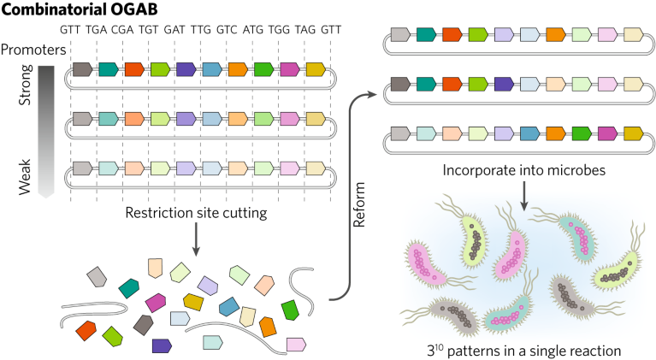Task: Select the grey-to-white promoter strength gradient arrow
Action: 47,128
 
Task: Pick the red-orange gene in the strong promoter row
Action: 134,69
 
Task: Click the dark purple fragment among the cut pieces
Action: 159,345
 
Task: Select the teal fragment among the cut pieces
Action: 130,288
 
